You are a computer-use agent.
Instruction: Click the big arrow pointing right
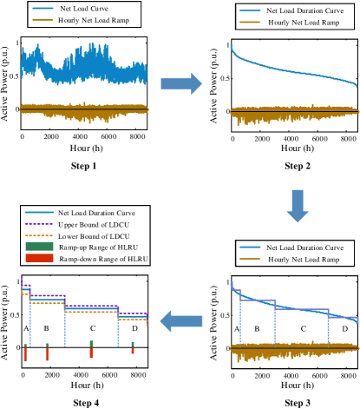coord(180,83)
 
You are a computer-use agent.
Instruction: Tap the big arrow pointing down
coord(298,205)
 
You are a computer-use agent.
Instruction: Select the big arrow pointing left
coord(182,321)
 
